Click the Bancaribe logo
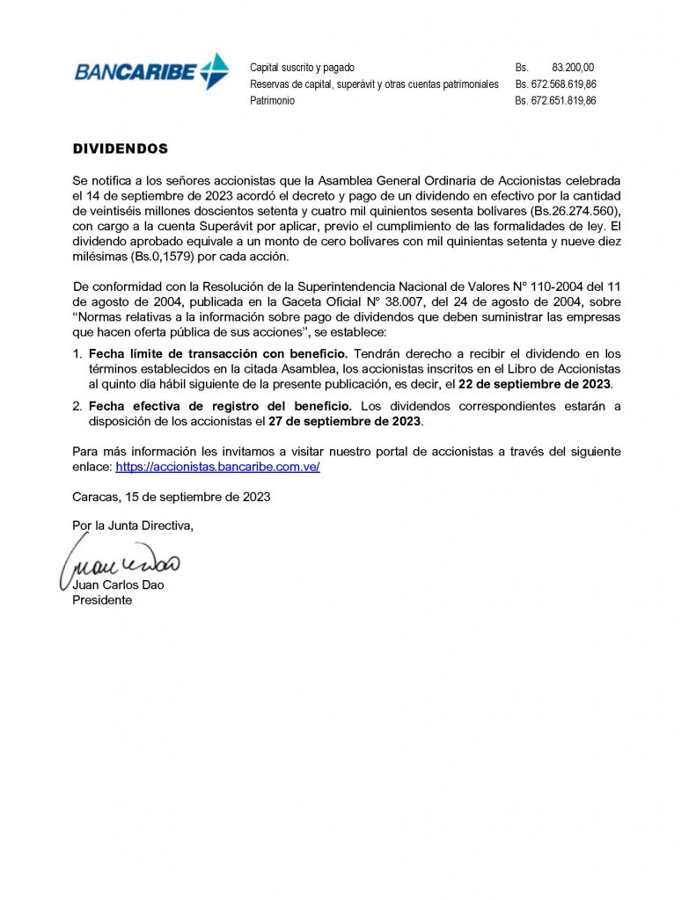[151, 71]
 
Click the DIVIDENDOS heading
[120, 149]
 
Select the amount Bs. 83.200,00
[573, 68]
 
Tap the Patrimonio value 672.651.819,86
[563, 101]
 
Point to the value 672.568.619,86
[563, 84]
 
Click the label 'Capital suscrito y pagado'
[302, 68]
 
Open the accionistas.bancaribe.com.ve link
[217, 467]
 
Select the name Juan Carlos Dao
[113, 585]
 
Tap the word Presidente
[102, 600]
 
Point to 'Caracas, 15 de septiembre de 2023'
[171, 497]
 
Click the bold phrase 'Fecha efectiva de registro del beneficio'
[220, 406]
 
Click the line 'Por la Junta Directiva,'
[132, 526]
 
